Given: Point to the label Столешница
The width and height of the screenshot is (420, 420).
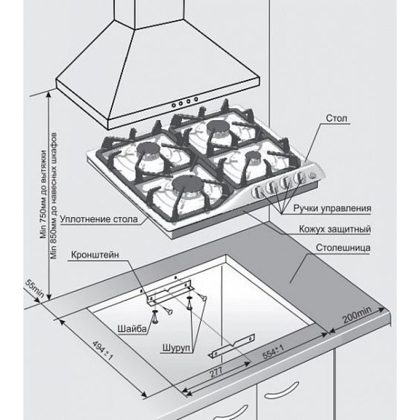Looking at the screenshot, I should coord(344,247).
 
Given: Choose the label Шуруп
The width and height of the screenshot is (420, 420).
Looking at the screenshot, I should coord(174,348).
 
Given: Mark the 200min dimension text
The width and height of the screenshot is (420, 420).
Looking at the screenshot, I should coord(356,317).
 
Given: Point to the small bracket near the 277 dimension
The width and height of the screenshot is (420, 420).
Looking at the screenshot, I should coord(232,348).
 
